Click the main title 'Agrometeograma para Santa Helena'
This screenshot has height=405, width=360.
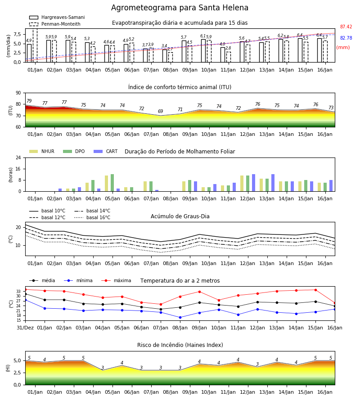tap(180, 8)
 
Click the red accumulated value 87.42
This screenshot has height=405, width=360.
tap(346, 27)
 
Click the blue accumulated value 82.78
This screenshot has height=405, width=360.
tap(346, 38)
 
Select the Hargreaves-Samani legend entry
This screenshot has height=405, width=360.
tap(57, 17)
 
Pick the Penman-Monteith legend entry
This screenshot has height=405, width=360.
tap(55, 24)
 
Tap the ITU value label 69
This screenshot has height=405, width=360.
tap(160, 111)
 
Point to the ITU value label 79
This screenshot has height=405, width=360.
tap(29, 101)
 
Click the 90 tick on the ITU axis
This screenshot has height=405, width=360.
tap(18, 93)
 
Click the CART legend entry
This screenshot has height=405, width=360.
tap(106, 151)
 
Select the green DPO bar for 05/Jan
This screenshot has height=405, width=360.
tap(112, 183)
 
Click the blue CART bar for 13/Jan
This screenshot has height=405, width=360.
tap(273, 183)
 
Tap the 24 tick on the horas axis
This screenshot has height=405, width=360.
tap(18, 158)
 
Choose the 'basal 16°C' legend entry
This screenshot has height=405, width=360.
tap(92, 217)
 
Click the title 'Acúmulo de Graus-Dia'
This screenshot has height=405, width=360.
tap(180, 216)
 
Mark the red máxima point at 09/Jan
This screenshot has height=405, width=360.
tap(199, 292)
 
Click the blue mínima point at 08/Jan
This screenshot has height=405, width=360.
tap(180, 317)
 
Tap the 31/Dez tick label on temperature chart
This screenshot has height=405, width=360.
tap(25, 328)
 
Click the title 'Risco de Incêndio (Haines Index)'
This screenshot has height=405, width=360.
tap(180, 345)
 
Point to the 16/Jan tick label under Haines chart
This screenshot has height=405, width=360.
tap(325, 392)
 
